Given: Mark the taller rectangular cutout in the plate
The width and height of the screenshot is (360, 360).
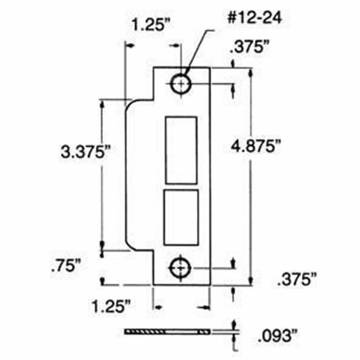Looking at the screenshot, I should [181, 150].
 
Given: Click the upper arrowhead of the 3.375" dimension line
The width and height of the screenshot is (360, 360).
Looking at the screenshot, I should [103, 103].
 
